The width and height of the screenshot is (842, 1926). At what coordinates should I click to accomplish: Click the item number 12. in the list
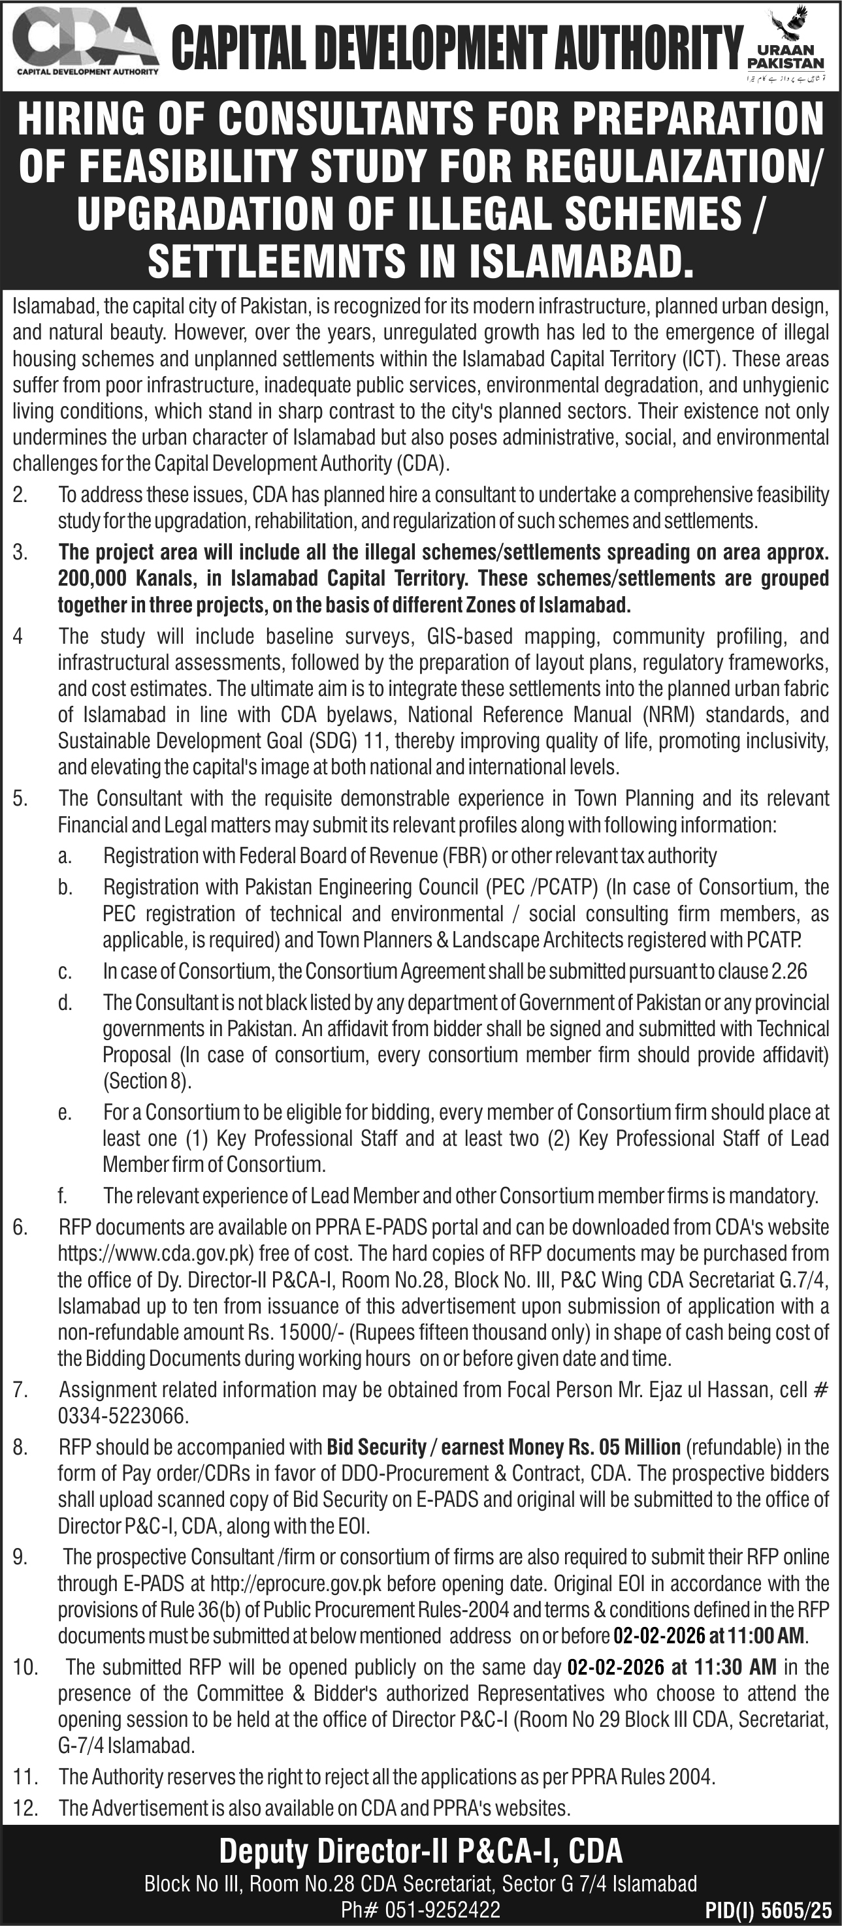[25, 1808]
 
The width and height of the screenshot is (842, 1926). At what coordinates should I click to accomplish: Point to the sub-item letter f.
[63, 1195]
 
